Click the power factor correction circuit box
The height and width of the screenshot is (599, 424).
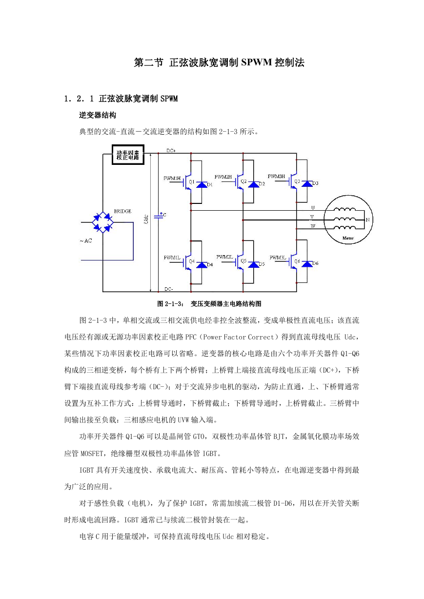pos(128,155)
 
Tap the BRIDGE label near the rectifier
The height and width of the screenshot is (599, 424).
pos(122,211)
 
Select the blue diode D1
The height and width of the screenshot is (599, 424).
pos(202,184)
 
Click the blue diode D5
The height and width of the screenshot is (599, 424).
pos(254,264)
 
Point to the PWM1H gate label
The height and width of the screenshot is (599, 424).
pos(172,179)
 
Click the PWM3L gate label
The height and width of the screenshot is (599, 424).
pos(278,258)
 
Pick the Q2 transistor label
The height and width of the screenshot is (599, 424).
pos(243,181)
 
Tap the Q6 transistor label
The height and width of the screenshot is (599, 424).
pos(297,261)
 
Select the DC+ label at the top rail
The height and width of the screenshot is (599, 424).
pos(171,151)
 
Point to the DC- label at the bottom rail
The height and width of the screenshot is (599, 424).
pos(168,289)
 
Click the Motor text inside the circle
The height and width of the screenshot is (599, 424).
pos(348,238)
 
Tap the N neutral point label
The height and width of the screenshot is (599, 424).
pos(367,220)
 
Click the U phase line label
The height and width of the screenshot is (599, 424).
pos(313,207)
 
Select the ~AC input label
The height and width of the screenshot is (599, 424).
pos(85,240)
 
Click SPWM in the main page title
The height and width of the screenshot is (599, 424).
pos(257,62)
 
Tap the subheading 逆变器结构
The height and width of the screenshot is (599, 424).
pos(98,115)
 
